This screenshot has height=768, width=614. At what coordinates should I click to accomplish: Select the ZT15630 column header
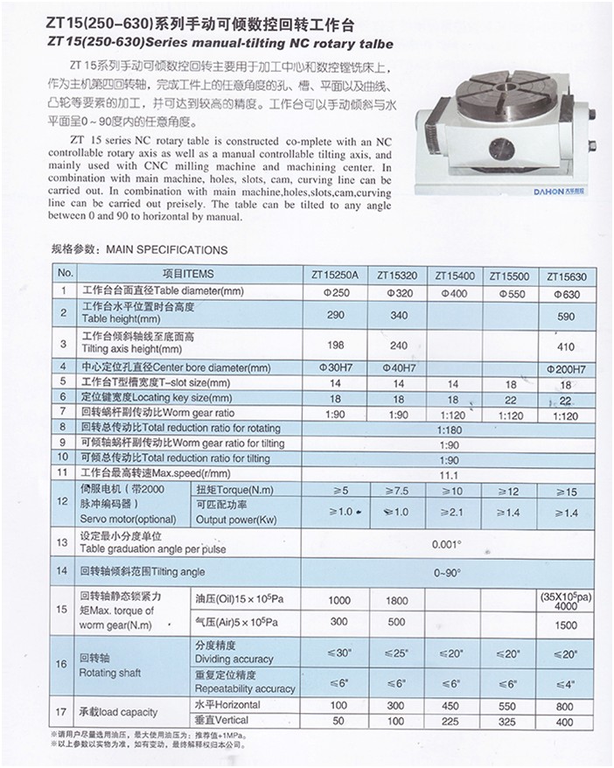click(565, 276)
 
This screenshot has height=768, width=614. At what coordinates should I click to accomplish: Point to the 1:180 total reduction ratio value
click(448, 429)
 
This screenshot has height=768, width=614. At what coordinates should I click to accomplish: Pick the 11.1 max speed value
click(448, 473)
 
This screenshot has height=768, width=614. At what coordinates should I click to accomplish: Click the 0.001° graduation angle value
click(448, 542)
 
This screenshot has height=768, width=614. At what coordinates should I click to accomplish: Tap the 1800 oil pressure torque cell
click(396, 601)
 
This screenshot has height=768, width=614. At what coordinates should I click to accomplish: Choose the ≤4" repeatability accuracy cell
click(565, 683)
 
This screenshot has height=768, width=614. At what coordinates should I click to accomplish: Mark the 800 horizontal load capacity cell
click(565, 705)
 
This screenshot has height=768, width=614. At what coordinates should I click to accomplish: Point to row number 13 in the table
click(61, 542)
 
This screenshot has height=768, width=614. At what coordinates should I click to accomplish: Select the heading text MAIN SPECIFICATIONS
click(166, 250)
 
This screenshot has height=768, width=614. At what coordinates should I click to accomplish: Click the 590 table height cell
click(565, 314)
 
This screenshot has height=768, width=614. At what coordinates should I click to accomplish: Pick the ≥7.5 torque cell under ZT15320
click(396, 491)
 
